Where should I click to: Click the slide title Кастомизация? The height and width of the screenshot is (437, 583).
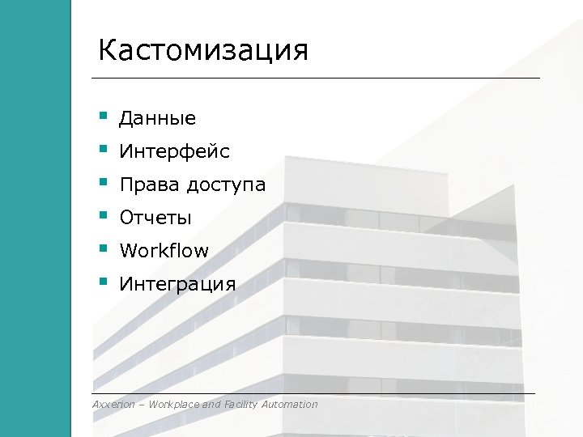[x=203, y=50]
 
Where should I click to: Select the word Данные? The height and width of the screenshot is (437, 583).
[x=158, y=119]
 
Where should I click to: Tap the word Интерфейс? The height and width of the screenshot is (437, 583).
[x=174, y=152]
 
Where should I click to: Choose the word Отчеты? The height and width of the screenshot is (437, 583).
[x=155, y=218]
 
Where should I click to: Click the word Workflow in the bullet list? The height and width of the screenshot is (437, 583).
[x=164, y=251]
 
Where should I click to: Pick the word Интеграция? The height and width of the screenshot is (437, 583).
[x=177, y=285]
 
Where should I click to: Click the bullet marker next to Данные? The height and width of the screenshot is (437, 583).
[x=103, y=117]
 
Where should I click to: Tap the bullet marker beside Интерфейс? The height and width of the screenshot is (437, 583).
[x=103, y=150]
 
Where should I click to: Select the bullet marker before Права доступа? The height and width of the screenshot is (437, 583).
[x=103, y=183]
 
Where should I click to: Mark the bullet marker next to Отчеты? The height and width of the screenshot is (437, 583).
[x=103, y=216]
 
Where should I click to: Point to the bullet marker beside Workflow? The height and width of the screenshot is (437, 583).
[x=103, y=249]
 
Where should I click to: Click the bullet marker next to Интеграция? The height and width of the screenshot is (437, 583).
[x=103, y=282]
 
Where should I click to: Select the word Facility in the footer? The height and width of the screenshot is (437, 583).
[x=242, y=405]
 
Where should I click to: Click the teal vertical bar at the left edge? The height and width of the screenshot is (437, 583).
[x=35, y=218]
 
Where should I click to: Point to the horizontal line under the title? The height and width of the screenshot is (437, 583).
[x=316, y=78]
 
